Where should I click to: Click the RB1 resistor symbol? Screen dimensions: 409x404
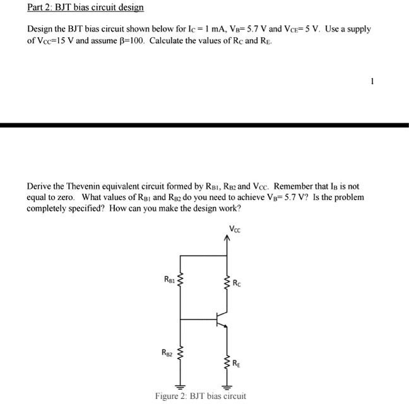point(182,280)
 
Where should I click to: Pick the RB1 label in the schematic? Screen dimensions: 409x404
point(169,278)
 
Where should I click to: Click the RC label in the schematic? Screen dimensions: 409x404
point(237,283)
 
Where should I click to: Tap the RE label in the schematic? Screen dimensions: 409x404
point(236,363)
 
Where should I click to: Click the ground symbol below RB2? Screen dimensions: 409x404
point(182,386)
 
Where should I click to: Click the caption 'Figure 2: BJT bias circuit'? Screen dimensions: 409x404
point(200,396)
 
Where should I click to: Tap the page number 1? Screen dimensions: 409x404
point(372,81)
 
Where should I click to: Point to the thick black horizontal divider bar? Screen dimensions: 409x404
point(204,126)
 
